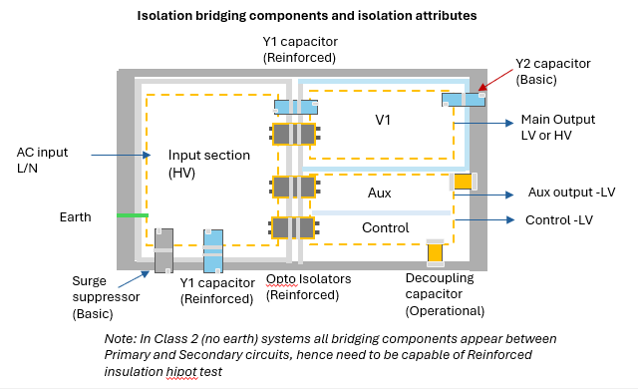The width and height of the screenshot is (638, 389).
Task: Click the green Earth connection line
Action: click(133, 214)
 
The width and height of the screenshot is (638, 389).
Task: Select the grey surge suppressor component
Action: click(163, 249)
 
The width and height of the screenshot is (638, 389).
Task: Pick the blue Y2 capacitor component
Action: click(464, 99)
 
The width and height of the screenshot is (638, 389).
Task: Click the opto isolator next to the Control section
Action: click(294, 227)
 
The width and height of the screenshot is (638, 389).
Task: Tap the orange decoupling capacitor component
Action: click(435, 253)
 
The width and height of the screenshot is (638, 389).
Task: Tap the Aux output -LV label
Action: click(569, 194)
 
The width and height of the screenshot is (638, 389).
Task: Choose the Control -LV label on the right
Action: click(558, 219)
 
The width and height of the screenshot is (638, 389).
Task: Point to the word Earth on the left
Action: click(75, 216)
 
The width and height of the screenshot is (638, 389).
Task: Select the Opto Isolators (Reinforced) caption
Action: click(309, 287)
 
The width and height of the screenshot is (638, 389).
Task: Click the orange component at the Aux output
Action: click(463, 183)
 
